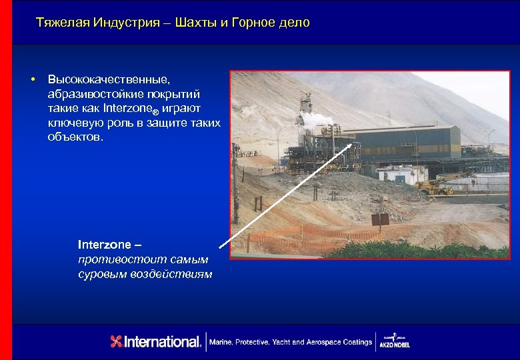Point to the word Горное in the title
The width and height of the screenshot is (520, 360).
pos(253,23)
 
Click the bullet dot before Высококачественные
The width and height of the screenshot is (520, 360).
pos(32,80)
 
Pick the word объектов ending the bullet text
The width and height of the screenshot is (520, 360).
pos(75,138)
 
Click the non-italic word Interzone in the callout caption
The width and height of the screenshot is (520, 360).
pos(105,245)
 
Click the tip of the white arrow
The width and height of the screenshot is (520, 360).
pos(354,142)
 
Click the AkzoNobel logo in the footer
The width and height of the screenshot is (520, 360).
pos(394,340)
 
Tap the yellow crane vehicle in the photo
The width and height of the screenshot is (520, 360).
pos(437,185)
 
